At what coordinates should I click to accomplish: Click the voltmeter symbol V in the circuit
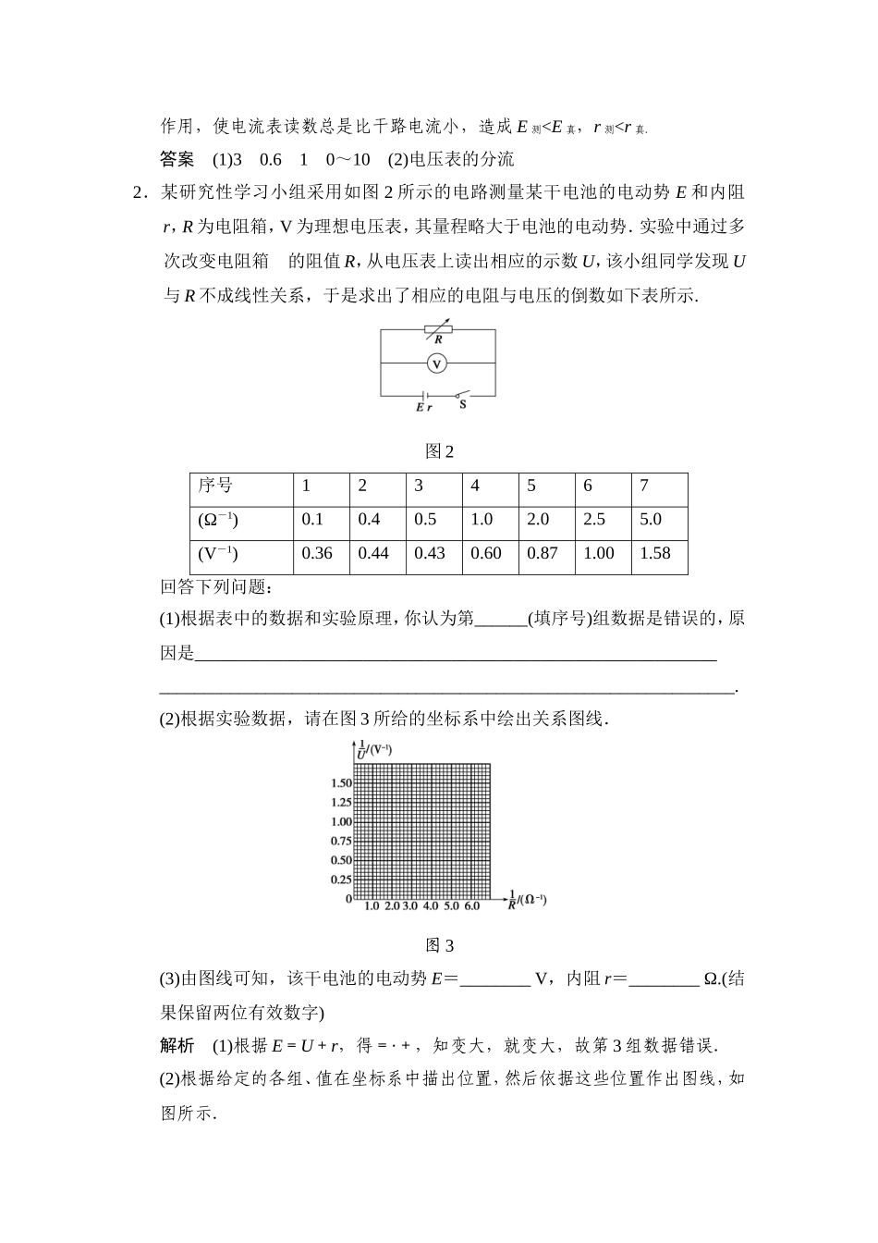pos(437,363)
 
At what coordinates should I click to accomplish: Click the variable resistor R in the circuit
pos(438,329)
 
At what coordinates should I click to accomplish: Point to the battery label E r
pos(423,407)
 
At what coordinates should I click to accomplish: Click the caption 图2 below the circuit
pos(439,451)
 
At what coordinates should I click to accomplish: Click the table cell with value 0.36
pos(317,553)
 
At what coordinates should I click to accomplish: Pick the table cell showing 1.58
pos(655,553)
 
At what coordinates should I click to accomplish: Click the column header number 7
pos(644,486)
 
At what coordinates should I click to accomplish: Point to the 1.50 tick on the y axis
pos(341,783)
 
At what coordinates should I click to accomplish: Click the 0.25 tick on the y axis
pos(341,880)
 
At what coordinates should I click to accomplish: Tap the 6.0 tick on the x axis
pos(472,906)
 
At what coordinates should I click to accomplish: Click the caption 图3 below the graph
pos(439,945)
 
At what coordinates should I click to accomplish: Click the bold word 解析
pos(177,1045)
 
